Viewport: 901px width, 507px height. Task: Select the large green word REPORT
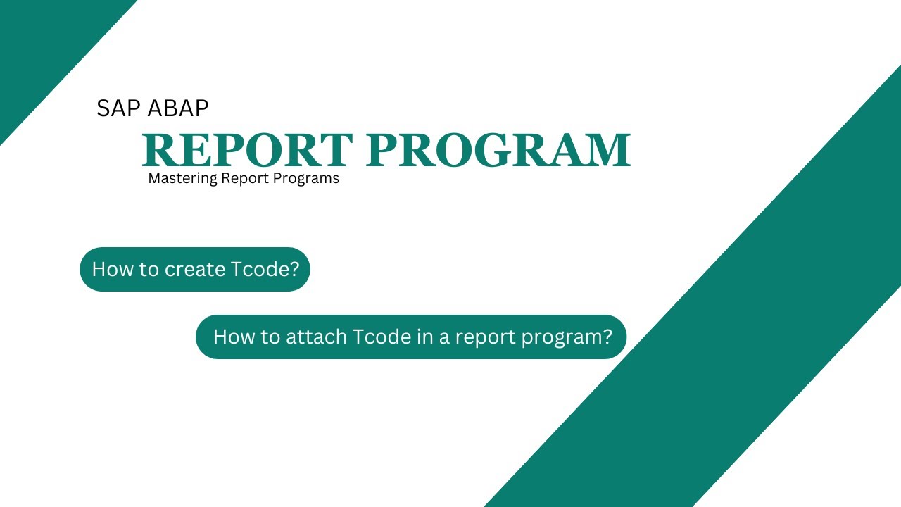point(247,149)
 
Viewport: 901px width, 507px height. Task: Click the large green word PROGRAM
point(498,149)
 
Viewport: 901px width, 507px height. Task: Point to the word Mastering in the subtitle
point(182,179)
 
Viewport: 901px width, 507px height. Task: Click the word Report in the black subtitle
point(245,179)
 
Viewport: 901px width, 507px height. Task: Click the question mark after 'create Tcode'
point(294,269)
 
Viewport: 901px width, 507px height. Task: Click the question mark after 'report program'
point(607,337)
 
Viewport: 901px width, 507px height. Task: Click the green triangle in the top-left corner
point(42,42)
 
